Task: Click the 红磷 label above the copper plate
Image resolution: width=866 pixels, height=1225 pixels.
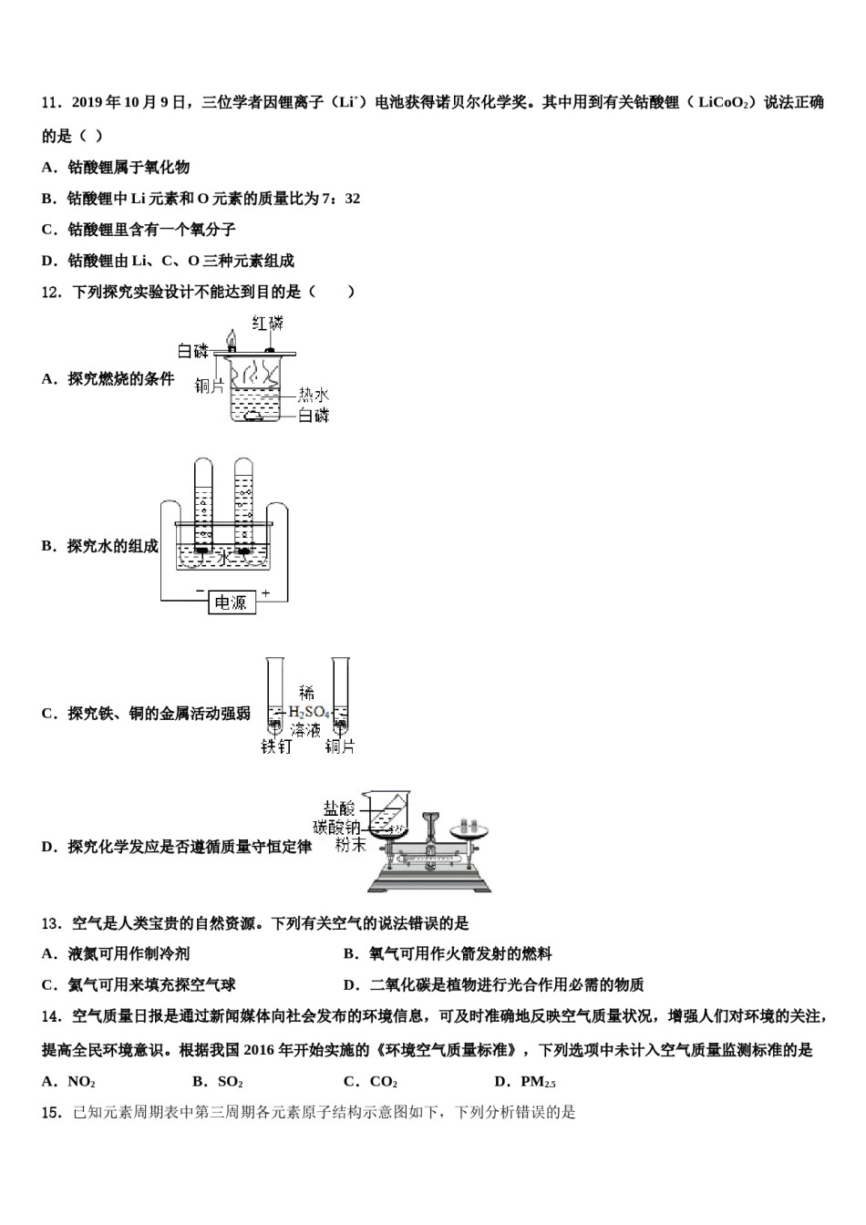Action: click(x=268, y=323)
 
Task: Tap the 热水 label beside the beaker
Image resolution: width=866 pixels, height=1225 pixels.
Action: click(x=314, y=395)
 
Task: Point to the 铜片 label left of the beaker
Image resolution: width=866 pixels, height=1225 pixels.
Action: click(x=209, y=386)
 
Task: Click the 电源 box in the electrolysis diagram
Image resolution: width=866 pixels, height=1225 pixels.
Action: click(x=230, y=602)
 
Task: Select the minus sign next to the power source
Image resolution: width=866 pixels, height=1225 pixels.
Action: click(x=199, y=592)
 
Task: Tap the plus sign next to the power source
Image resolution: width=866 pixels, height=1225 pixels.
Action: click(x=266, y=592)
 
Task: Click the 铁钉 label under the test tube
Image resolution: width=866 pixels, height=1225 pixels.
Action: click(x=276, y=747)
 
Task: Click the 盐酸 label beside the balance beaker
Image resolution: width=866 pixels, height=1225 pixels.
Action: click(x=338, y=808)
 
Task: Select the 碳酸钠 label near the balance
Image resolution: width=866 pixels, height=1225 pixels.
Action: click(x=337, y=827)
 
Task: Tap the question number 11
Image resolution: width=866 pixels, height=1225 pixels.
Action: click(x=51, y=103)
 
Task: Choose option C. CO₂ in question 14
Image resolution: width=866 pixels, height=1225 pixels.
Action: click(x=370, y=1082)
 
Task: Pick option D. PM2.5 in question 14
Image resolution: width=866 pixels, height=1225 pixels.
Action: click(x=525, y=1082)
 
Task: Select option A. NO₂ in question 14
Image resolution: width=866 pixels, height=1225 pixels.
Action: click(x=69, y=1082)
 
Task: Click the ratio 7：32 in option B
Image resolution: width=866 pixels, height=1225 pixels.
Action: click(x=342, y=199)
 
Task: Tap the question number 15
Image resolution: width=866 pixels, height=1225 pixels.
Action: click(x=51, y=1112)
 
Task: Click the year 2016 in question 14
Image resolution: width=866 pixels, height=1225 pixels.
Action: click(x=263, y=1050)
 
